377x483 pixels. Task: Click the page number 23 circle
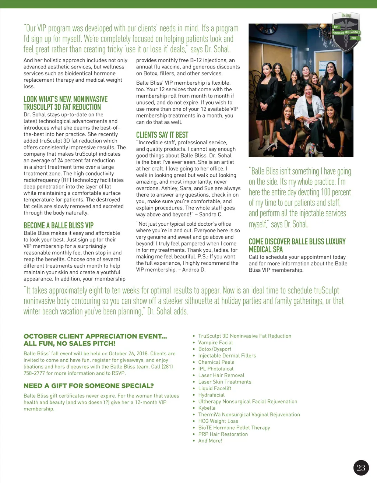tap(361, 468)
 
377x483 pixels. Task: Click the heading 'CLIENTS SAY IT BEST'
tap(162, 135)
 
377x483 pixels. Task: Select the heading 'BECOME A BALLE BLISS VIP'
tap(59, 225)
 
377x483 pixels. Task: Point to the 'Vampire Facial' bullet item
tap(215, 342)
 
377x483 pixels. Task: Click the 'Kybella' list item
tap(207, 408)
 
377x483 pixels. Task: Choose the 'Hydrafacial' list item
tap(211, 395)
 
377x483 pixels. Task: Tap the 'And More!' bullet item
tap(210, 441)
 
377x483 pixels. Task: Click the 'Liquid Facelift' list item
tap(215, 388)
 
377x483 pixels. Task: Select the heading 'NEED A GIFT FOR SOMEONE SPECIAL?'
tap(89, 386)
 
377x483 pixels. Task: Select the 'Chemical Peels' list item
tap(216, 362)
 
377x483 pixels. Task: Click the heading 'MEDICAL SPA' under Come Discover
tap(266, 249)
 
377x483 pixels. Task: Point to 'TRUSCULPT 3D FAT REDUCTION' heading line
tap(62, 107)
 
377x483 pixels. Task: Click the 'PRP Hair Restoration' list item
tap(223, 434)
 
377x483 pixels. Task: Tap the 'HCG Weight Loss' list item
tap(218, 421)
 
